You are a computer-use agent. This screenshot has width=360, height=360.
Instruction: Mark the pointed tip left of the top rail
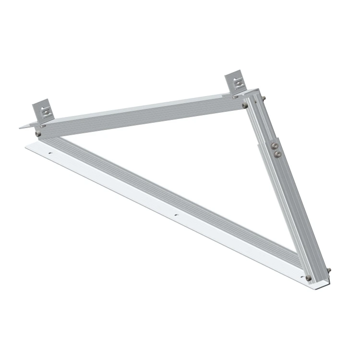pyautogui.click(x=22, y=127)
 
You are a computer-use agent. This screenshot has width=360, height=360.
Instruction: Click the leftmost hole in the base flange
pyautogui.click(x=50, y=154)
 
